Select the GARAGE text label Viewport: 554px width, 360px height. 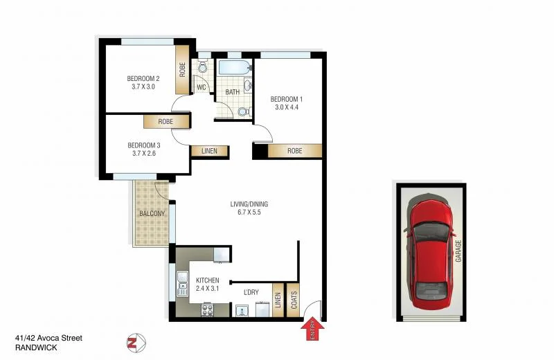coord(458,252)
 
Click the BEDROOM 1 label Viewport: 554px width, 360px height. coord(286,99)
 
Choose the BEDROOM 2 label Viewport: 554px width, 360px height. coord(143,78)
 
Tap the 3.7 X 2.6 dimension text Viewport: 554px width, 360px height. coord(143,154)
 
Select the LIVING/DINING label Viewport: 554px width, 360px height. coord(249,204)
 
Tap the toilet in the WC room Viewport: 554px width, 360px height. coord(202,68)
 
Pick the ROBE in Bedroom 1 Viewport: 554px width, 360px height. coord(294,151)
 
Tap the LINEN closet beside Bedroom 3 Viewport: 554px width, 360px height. coord(210,151)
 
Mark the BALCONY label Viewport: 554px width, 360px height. coord(152,213)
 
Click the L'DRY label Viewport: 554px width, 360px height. coord(251,293)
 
